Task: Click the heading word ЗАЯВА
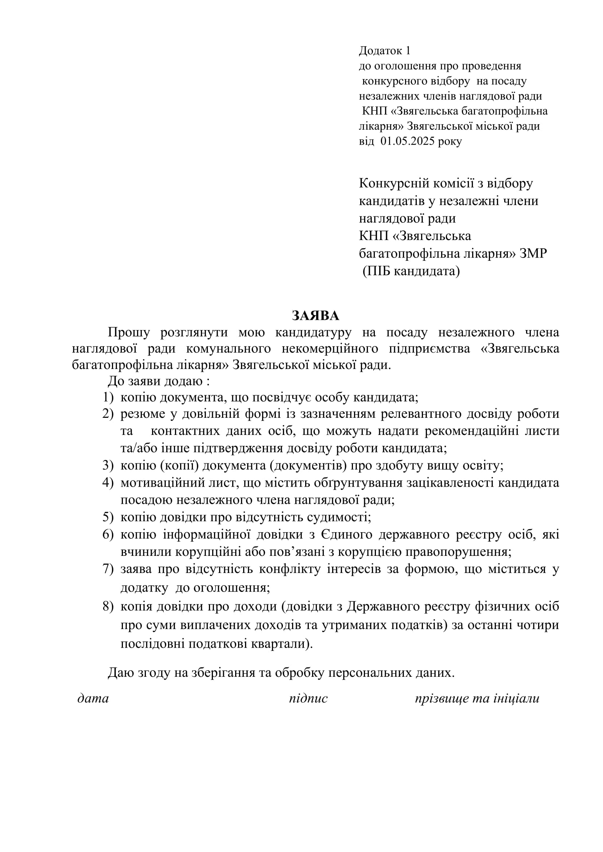(315, 316)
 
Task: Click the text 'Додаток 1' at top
(384, 51)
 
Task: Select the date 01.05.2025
(407, 141)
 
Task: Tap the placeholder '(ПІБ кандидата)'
(411, 271)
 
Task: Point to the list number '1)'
(108, 397)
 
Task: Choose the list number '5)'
(108, 517)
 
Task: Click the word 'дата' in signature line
(93, 698)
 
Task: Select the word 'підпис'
(308, 698)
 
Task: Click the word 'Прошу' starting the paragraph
(128, 332)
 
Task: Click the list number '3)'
(108, 465)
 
